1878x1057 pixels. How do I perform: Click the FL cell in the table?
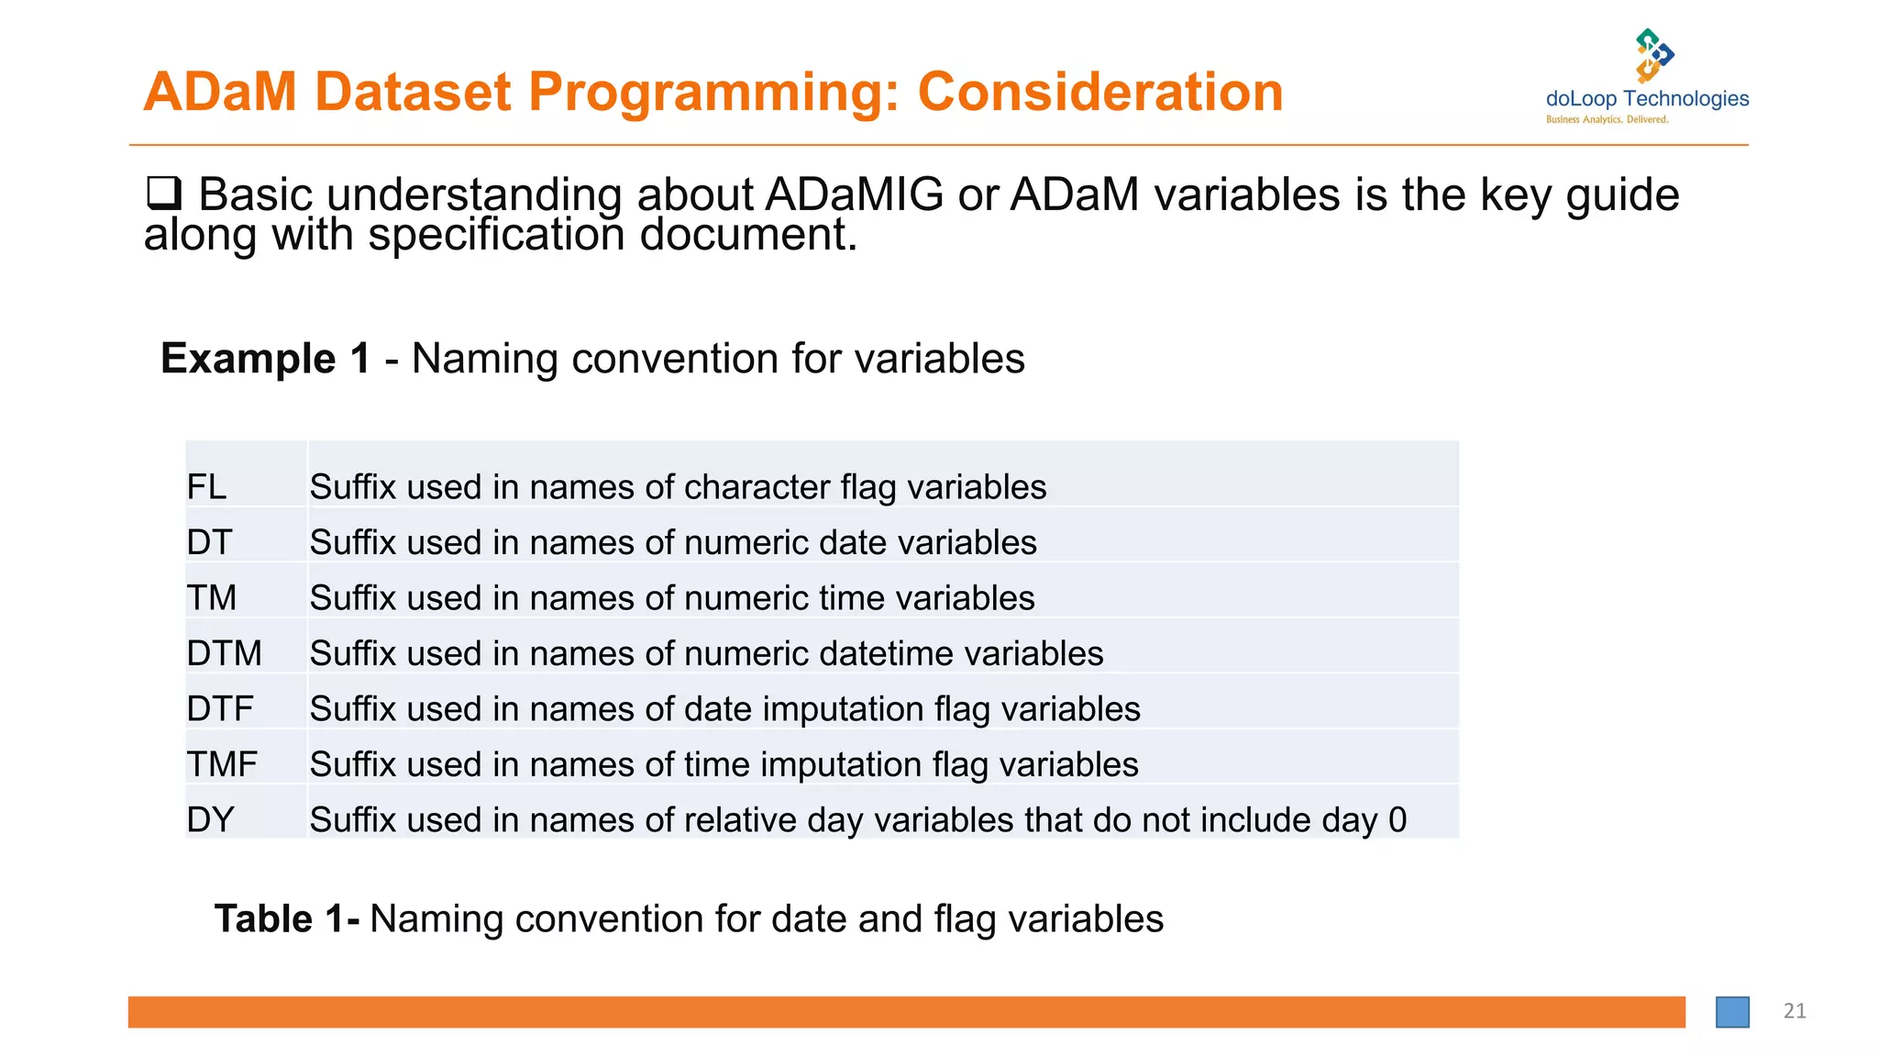pos(207,487)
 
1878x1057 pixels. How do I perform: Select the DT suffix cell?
pos(210,543)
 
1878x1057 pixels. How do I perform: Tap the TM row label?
pos(212,598)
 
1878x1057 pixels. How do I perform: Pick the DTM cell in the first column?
pos(225,654)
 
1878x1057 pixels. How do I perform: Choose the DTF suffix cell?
pos(220,709)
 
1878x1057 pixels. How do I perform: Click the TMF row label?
pos(222,765)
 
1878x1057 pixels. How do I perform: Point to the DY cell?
pos(211,820)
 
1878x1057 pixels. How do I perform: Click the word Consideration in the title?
pos(1100,93)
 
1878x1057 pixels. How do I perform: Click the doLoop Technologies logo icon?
pos(1653,55)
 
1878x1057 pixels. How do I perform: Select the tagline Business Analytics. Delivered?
pos(1607,120)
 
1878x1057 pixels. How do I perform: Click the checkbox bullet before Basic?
pos(164,194)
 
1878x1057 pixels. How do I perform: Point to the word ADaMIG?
pos(854,195)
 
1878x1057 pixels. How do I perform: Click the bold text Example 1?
pos(265,359)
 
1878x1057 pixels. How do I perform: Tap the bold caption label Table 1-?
pos(286,919)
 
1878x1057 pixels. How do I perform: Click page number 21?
pos(1795,1011)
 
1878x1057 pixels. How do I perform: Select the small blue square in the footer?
pos(1732,1012)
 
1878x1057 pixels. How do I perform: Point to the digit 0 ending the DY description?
pos(1397,820)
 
